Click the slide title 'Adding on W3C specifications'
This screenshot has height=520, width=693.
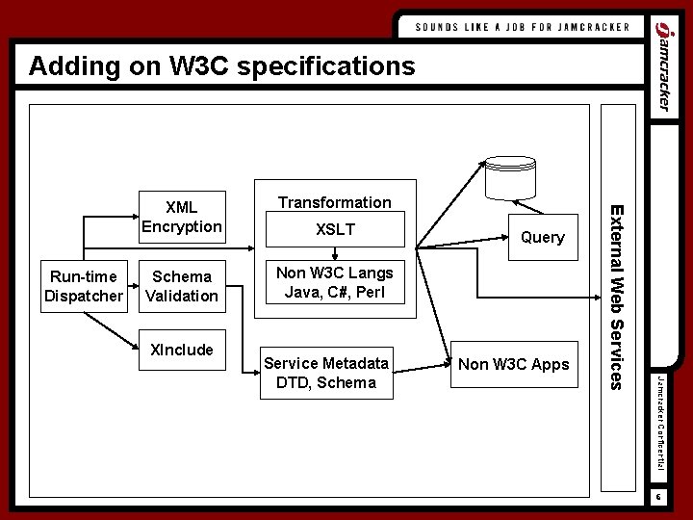(x=222, y=66)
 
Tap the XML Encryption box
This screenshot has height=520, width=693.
(x=182, y=217)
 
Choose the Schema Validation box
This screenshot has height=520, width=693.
(x=182, y=286)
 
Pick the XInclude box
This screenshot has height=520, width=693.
(x=182, y=349)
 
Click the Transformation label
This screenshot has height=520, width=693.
(x=334, y=202)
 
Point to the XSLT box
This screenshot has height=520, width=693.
(x=334, y=230)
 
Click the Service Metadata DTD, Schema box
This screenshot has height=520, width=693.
(x=325, y=373)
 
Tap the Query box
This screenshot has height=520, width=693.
(x=542, y=237)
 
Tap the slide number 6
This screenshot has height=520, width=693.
(x=660, y=497)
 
